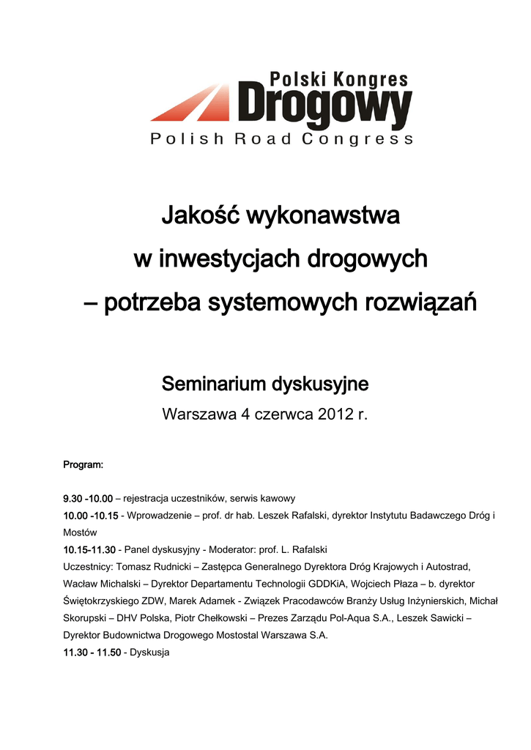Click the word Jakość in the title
click(x=199, y=216)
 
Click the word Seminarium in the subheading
click(x=213, y=384)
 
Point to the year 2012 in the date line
click(x=336, y=415)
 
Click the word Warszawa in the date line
click(x=197, y=415)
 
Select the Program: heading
click(x=83, y=465)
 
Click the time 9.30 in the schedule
click(x=73, y=498)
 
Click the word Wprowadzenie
click(x=158, y=516)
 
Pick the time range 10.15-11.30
click(x=89, y=549)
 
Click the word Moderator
click(x=233, y=549)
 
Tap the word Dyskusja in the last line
click(x=149, y=652)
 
